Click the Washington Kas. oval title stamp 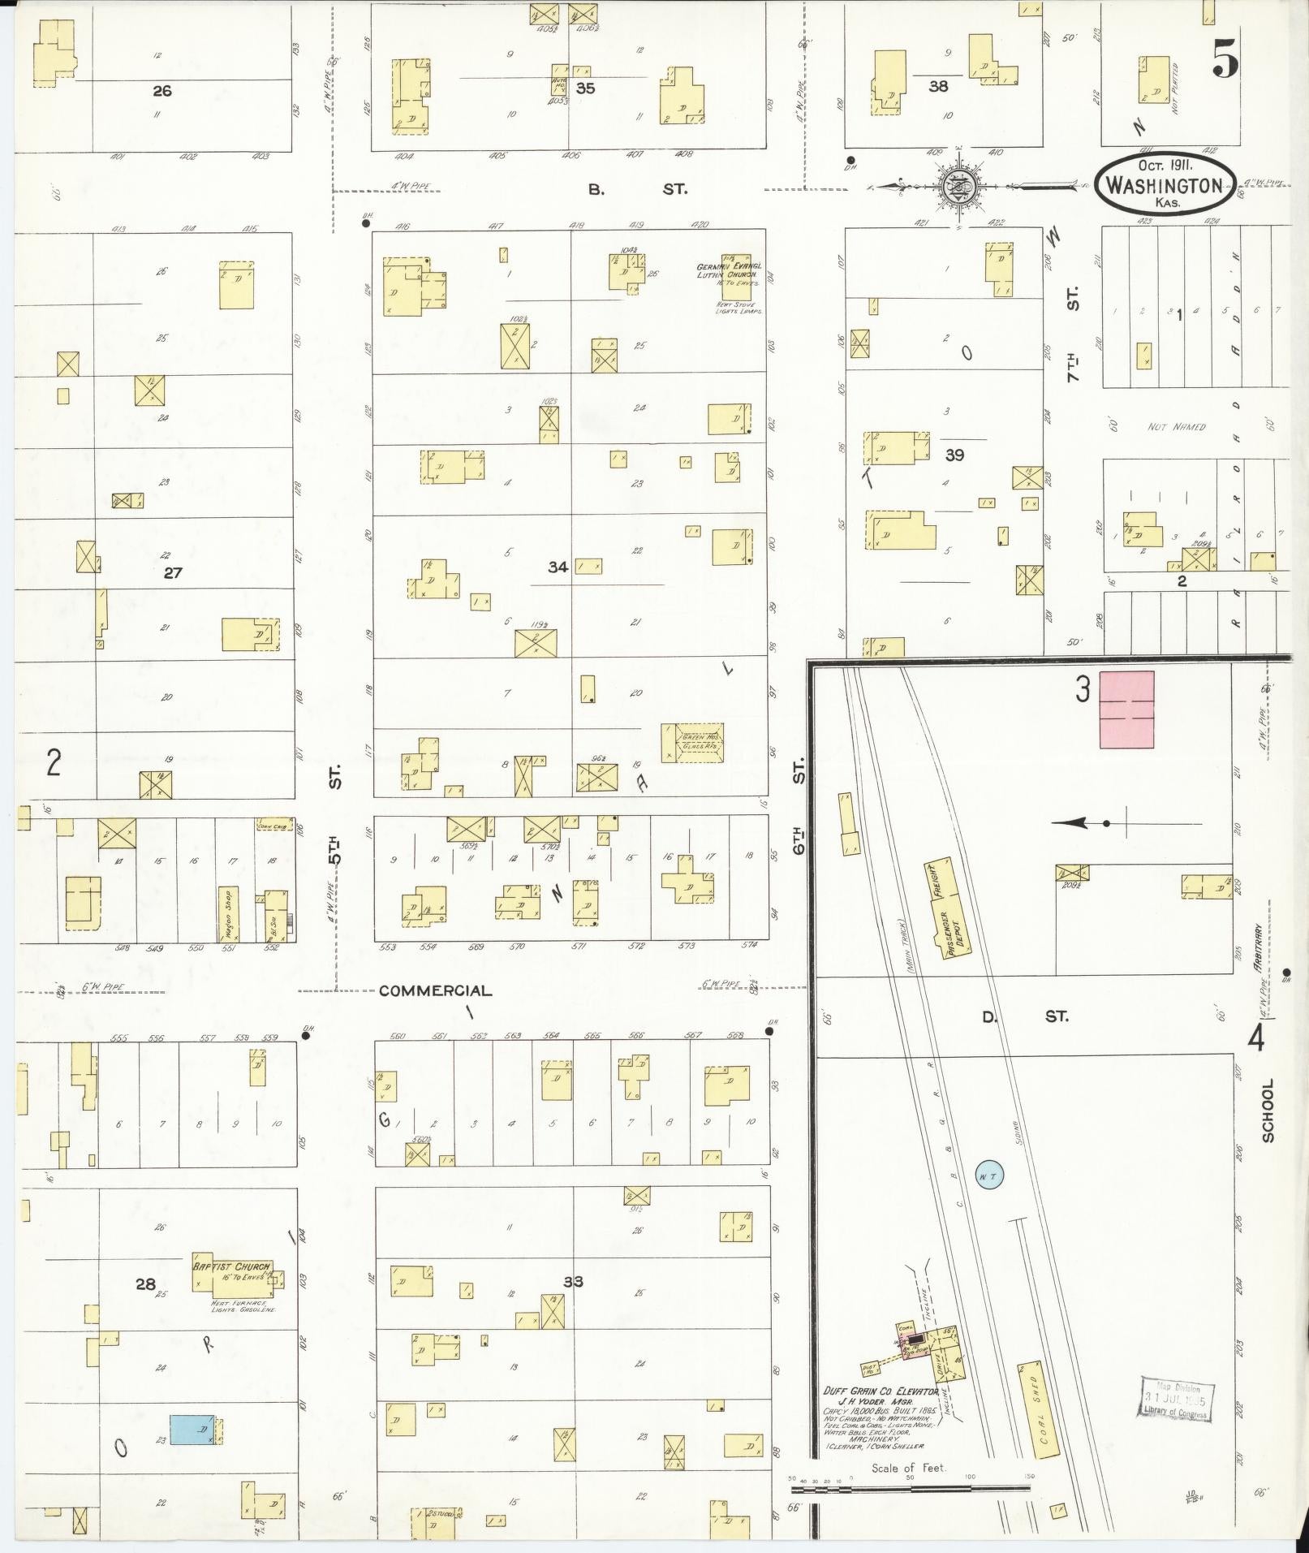coord(1165,185)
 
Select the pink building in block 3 coord(1126,710)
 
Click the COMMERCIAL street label coord(435,990)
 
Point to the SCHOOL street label coord(1268,1111)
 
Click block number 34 coord(558,567)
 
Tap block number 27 coord(173,572)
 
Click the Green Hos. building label coord(692,740)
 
